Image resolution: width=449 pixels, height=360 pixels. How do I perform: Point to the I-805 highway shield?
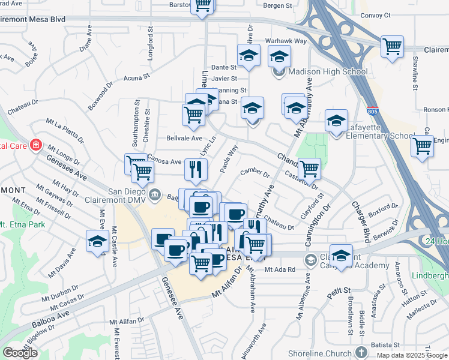tap(373, 112)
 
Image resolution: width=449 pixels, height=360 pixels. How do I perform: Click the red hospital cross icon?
tap(36, 145)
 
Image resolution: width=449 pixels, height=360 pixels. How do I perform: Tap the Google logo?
tap(20, 353)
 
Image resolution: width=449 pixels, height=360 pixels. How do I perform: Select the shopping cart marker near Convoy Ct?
tap(392, 46)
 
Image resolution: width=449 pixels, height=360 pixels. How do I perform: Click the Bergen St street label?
tap(277, 5)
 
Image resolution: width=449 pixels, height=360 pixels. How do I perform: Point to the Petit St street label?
tap(339, 292)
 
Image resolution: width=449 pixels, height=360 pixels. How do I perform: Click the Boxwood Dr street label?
tap(100, 97)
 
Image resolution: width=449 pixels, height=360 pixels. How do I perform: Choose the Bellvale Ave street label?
tap(184, 138)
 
